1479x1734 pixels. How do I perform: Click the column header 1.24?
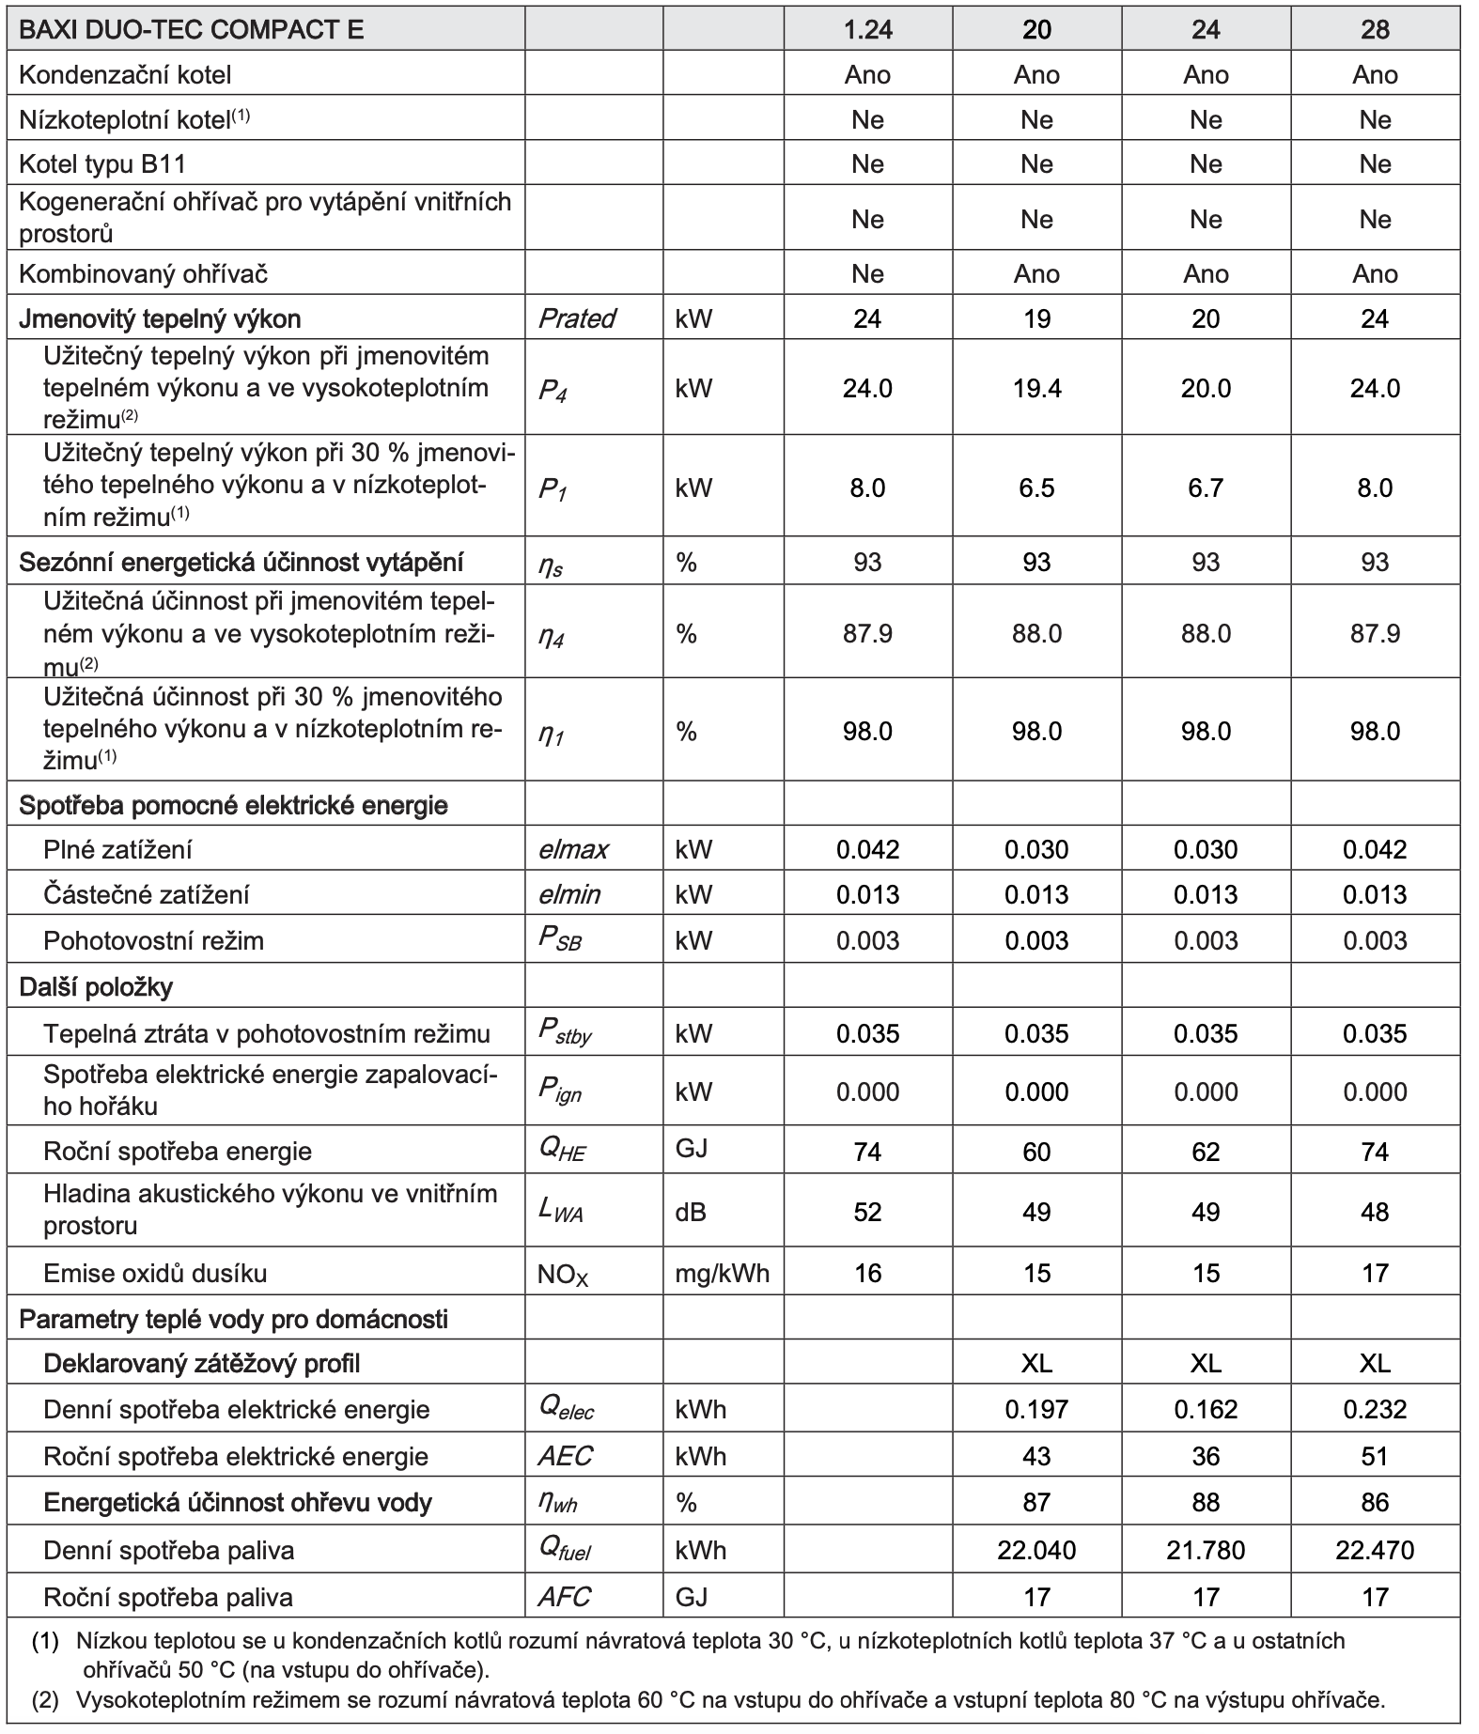tap(867, 30)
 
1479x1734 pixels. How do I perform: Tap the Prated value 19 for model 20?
tap(1036, 318)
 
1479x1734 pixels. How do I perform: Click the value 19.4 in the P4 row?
tap(1036, 388)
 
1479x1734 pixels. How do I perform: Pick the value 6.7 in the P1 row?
tap(1206, 488)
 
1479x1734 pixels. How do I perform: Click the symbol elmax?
tap(573, 849)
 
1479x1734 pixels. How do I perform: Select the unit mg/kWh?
tap(722, 1273)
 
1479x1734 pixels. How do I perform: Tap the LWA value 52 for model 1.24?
tap(867, 1212)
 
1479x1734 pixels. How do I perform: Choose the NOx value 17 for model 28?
tap(1375, 1273)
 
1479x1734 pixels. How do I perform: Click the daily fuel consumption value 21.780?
tap(1206, 1549)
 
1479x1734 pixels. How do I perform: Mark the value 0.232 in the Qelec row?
tap(1375, 1409)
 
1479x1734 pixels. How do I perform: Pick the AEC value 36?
tap(1206, 1456)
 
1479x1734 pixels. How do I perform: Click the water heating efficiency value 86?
tap(1375, 1502)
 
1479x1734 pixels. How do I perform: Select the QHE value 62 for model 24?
tap(1206, 1152)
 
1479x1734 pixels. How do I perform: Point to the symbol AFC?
tap(565, 1596)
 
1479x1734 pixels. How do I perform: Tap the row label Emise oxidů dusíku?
tap(155, 1273)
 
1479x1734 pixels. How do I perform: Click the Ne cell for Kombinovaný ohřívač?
tap(867, 273)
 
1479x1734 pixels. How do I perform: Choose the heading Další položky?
tap(96, 986)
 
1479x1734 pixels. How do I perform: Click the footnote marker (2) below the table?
tap(44, 1699)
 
